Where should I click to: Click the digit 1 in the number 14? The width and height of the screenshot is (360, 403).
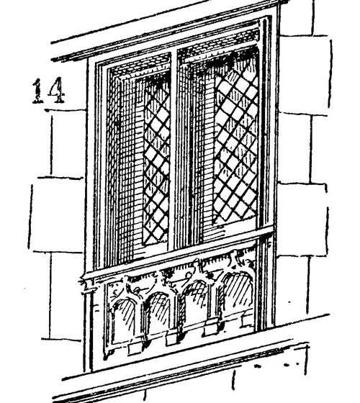pyautogui.click(x=37, y=91)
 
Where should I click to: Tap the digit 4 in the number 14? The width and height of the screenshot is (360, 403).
pyautogui.click(x=57, y=90)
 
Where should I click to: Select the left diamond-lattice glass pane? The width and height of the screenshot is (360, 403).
pyautogui.click(x=156, y=159)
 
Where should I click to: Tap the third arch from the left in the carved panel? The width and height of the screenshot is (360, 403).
pyautogui.click(x=196, y=301)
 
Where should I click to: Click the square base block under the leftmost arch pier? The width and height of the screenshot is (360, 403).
pyautogui.click(x=135, y=349)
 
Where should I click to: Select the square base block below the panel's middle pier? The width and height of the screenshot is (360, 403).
pyautogui.click(x=172, y=339)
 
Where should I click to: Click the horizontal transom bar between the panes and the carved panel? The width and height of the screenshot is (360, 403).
pyautogui.click(x=177, y=253)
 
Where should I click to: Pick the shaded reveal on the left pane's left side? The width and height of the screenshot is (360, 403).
pyautogui.click(x=126, y=167)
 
